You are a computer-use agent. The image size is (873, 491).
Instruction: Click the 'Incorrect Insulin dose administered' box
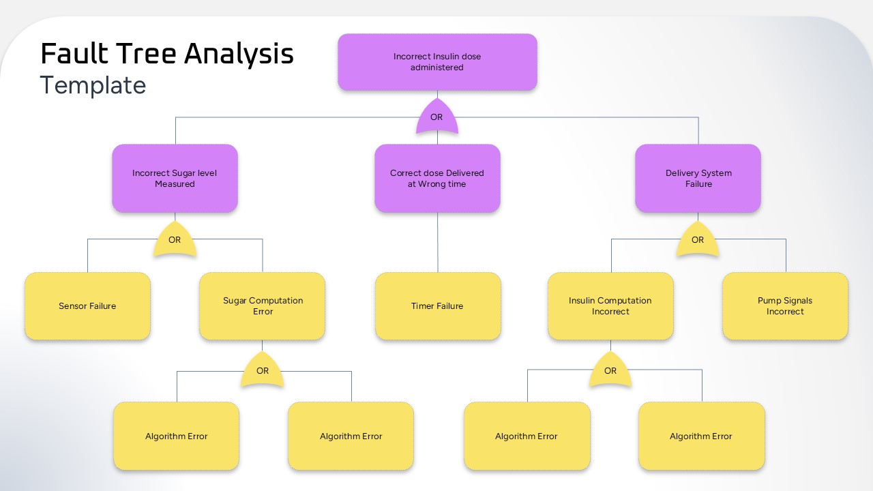(437, 62)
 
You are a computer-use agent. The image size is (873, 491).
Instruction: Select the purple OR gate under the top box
(436, 117)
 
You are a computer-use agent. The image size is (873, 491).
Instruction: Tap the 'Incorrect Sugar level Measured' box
(175, 178)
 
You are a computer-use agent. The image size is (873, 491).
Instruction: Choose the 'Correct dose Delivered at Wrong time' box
(437, 178)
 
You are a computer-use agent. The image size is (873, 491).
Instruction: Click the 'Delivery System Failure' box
(698, 178)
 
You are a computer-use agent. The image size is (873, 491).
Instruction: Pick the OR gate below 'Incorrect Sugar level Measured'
(175, 240)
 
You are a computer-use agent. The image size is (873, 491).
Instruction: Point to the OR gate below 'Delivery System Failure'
(697, 240)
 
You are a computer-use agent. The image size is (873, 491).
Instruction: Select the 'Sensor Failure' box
(87, 306)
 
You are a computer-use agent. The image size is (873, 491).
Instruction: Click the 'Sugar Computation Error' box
(263, 306)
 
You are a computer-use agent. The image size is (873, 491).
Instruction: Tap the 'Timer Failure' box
(437, 306)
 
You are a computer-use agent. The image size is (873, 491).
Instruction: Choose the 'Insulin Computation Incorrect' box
(610, 306)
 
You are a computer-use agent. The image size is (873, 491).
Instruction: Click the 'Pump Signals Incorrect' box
(785, 306)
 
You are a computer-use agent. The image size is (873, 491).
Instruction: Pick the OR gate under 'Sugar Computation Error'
(263, 371)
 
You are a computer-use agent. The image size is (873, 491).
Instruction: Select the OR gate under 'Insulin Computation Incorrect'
(610, 371)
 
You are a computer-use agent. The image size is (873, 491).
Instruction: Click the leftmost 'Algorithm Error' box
(176, 436)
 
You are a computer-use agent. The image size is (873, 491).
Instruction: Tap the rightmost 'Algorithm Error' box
(701, 436)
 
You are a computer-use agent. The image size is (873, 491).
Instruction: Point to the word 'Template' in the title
(93, 86)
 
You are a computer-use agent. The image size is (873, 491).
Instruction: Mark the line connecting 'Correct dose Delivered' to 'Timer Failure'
(437, 242)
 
